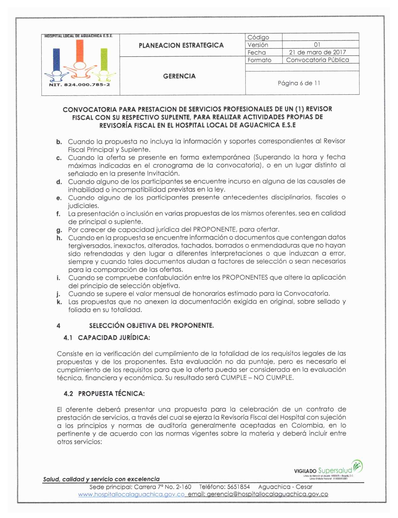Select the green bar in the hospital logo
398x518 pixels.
(x=104, y=59)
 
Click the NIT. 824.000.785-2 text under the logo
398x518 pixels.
(x=80, y=85)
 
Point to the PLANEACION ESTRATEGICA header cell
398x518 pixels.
(x=181, y=46)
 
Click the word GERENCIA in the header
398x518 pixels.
(x=179, y=76)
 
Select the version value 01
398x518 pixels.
(x=317, y=45)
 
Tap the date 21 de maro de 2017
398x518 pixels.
(x=317, y=52)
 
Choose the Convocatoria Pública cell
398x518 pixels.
(x=317, y=60)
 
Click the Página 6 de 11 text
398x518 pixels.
(x=299, y=83)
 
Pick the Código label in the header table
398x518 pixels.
(x=258, y=37)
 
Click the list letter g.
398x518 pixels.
(x=59, y=230)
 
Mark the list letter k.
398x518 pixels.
(x=59, y=302)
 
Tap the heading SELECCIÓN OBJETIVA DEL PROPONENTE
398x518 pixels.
(x=151, y=326)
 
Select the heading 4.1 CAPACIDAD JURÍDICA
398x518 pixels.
(x=107, y=338)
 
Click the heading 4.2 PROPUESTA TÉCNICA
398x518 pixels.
(x=104, y=394)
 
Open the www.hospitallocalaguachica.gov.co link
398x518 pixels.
(x=131, y=494)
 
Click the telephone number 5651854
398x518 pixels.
(x=238, y=487)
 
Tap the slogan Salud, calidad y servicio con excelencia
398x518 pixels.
(x=101, y=479)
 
